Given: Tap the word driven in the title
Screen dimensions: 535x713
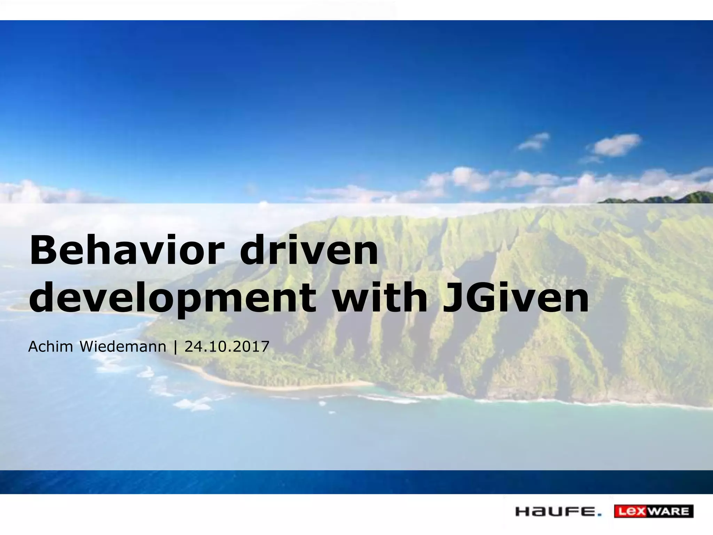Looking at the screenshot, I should pos(309,250).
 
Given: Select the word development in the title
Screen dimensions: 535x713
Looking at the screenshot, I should pos(172,298).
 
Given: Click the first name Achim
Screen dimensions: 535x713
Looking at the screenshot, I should pos(50,347).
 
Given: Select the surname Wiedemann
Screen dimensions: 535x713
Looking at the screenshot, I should pos(123,347).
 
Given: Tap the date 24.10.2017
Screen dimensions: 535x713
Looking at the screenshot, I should pos(227,347).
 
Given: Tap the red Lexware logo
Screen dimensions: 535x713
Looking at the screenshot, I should pos(653,511).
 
